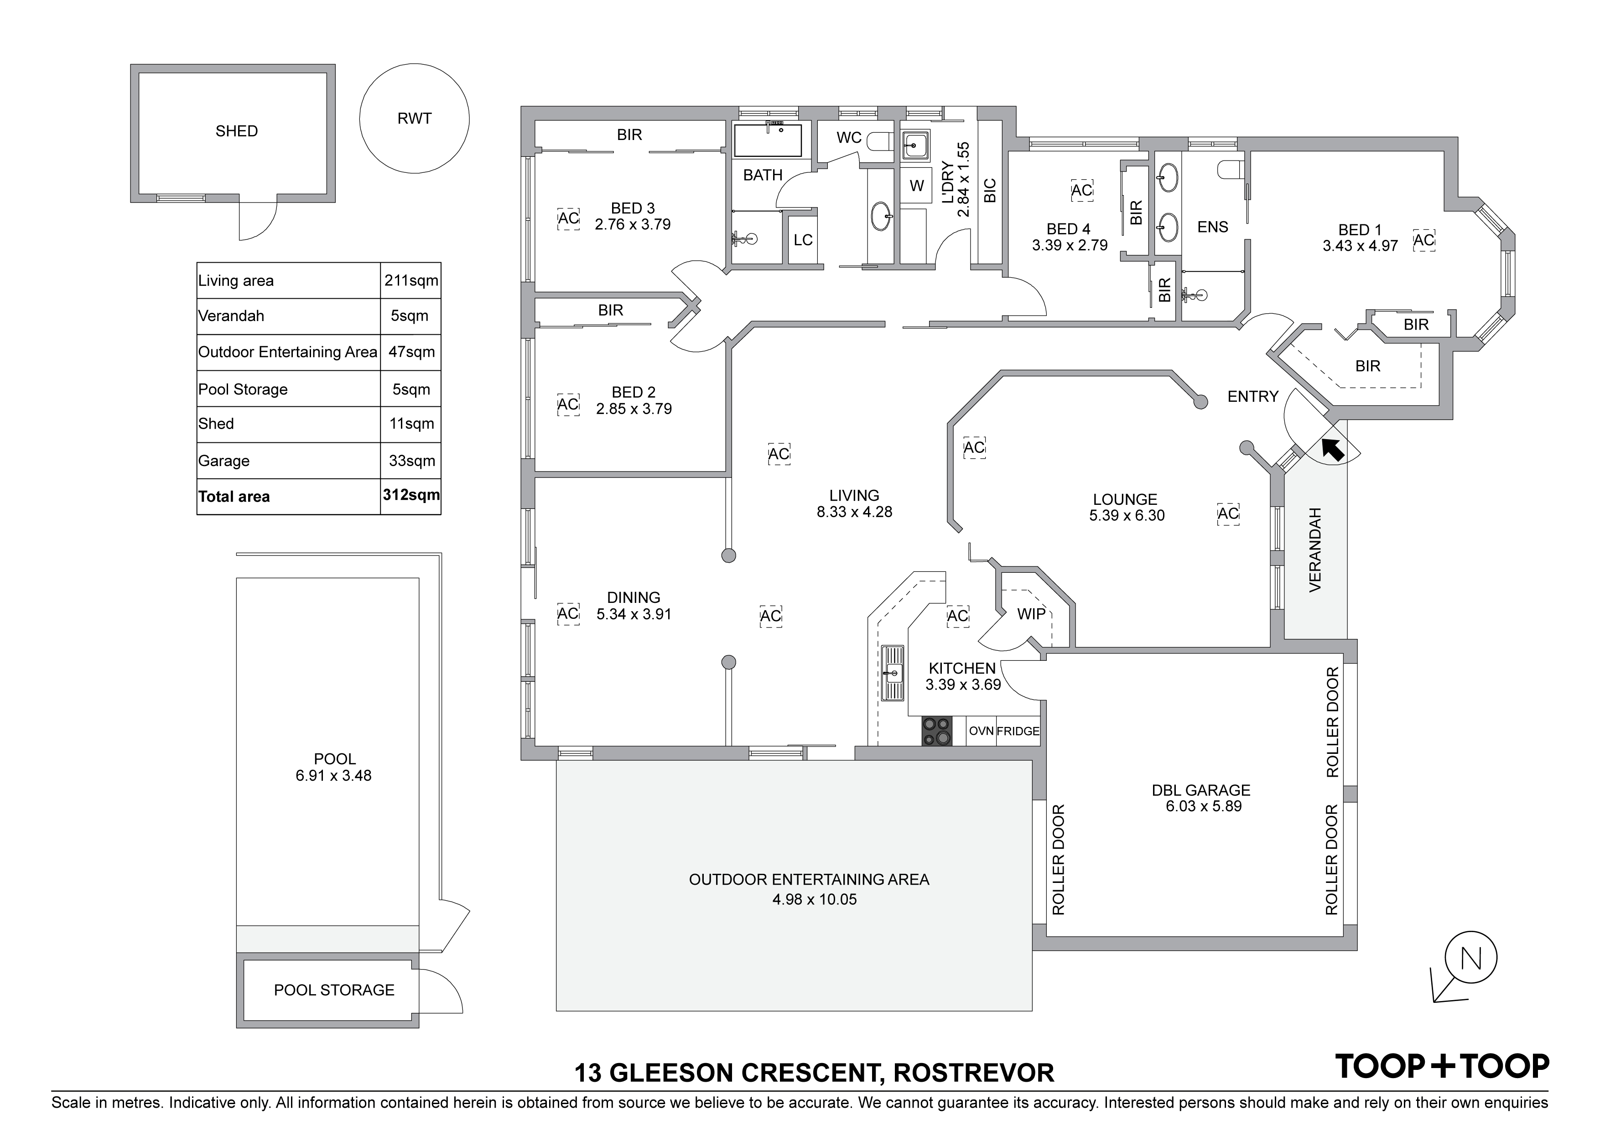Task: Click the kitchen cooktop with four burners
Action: pos(936,731)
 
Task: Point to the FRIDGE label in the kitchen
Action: pos(1018,731)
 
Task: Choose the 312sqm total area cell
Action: pos(411,495)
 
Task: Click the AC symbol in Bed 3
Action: pos(569,218)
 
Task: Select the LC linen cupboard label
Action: pos(803,240)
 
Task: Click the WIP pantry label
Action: pos(1031,613)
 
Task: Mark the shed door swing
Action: pos(258,221)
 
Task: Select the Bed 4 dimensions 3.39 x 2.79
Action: pos(1070,245)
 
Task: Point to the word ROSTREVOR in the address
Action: pos(974,1073)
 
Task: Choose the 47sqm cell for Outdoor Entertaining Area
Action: pos(411,352)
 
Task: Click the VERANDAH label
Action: pos(1315,550)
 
